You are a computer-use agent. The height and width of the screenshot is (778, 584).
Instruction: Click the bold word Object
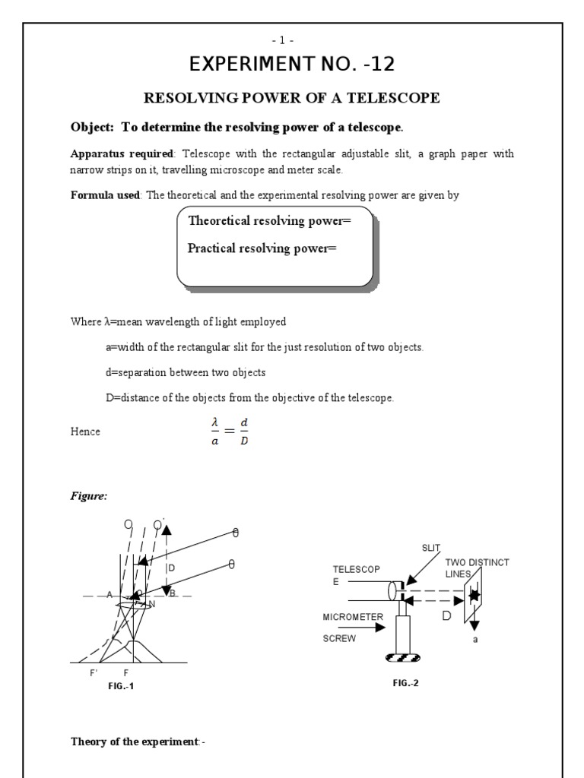coord(90,126)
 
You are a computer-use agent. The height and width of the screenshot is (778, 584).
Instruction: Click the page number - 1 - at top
coord(292,40)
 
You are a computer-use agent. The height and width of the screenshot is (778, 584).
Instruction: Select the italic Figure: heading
coord(89,496)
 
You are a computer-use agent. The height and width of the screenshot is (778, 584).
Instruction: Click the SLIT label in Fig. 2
coord(431,548)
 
